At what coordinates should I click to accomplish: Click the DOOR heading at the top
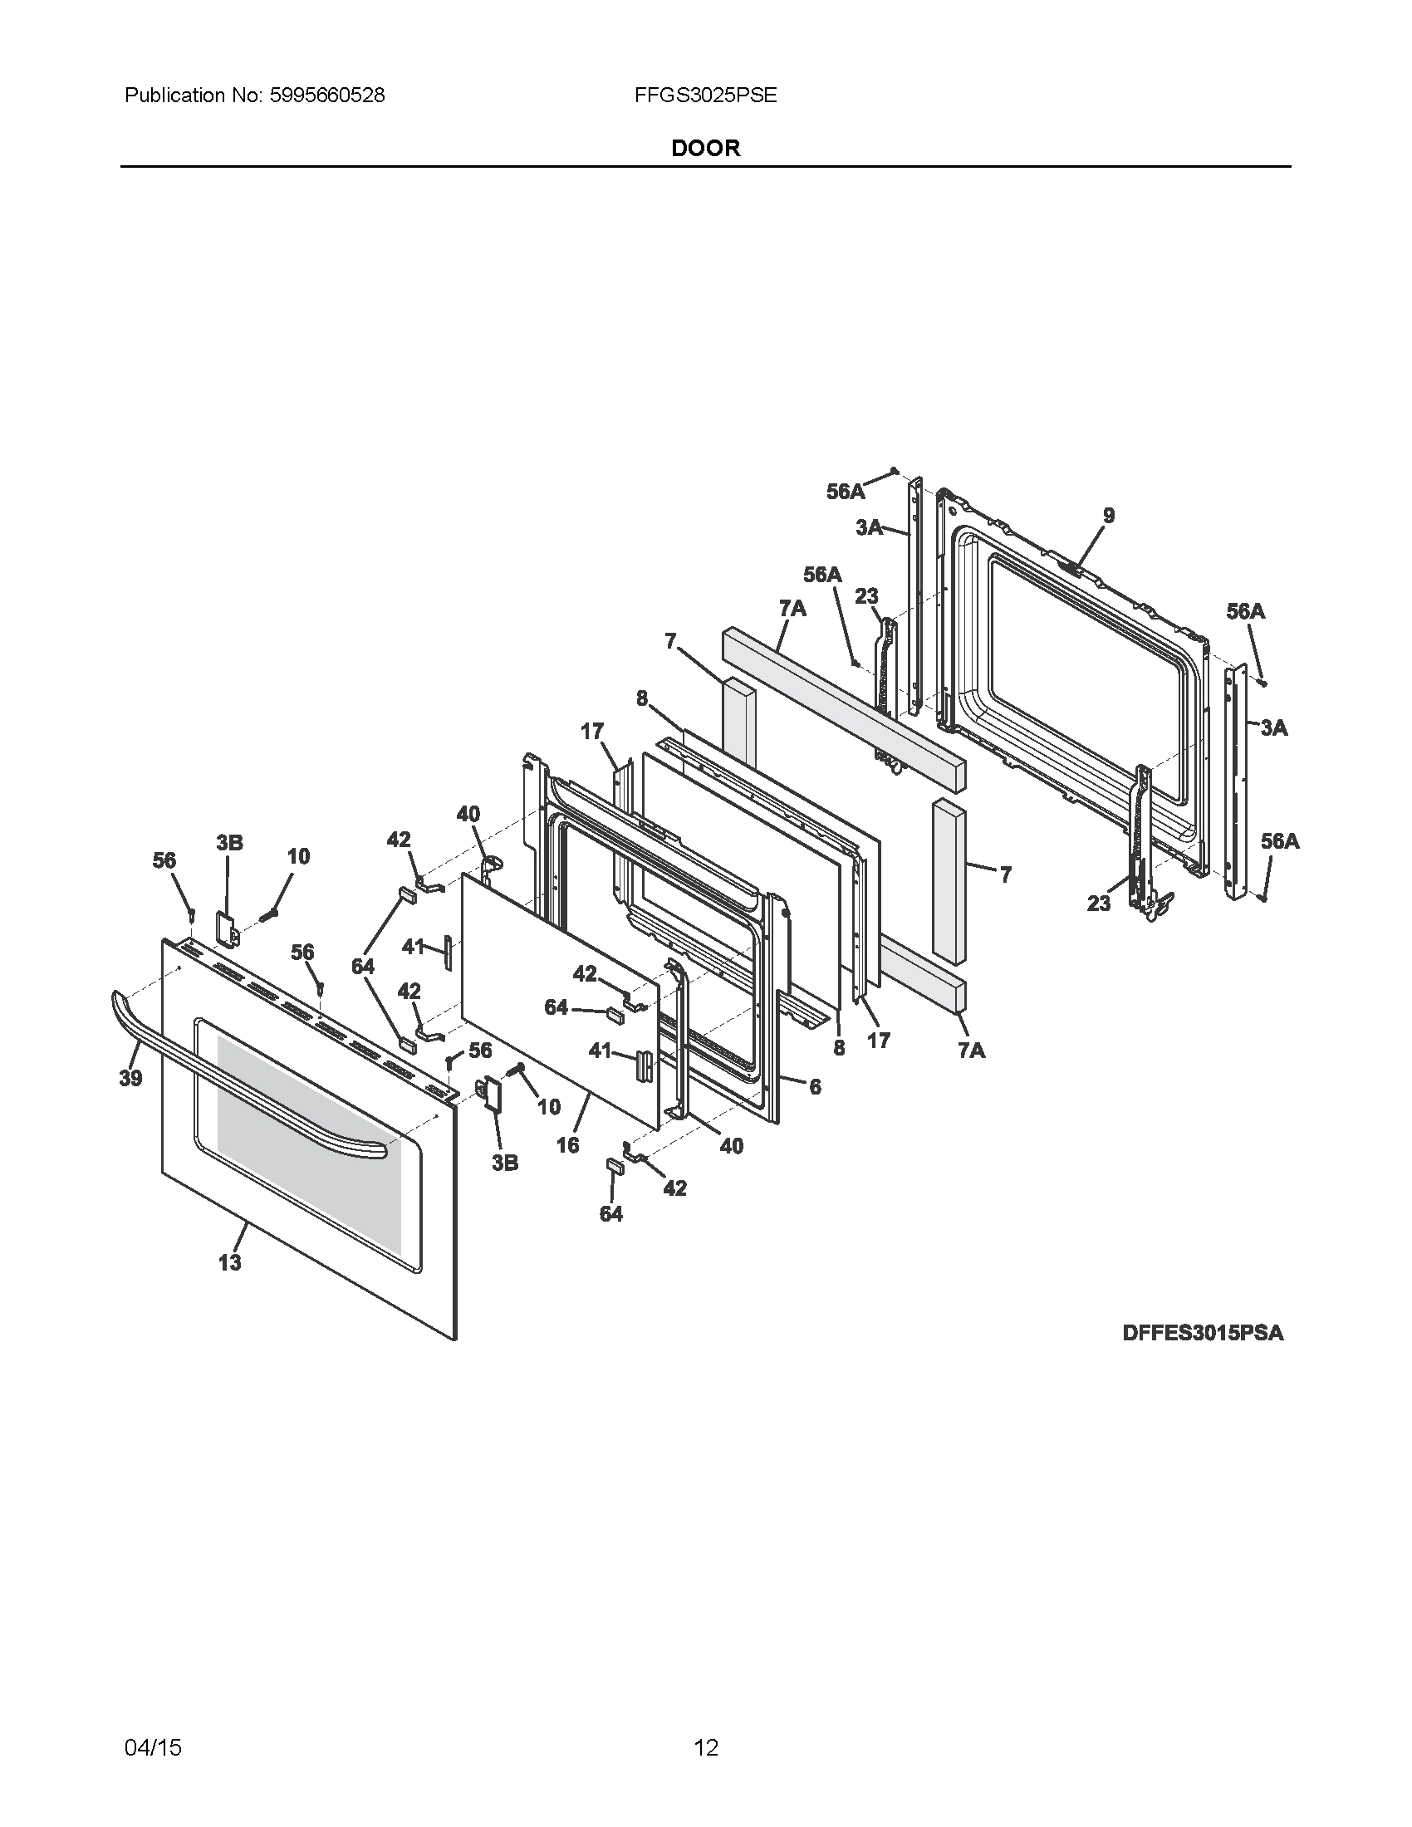705,148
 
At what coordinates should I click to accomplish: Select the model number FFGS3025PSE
705,96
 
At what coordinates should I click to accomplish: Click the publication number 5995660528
326,96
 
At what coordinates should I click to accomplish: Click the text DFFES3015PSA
1202,1333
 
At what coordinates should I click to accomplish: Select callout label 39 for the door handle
130,1078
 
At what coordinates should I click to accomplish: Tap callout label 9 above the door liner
1108,516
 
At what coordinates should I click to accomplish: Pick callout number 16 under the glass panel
568,1145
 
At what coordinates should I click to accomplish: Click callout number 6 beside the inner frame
815,1086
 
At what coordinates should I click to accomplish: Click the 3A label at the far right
1273,727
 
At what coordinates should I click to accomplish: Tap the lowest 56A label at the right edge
1279,840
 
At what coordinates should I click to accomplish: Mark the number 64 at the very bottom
611,1213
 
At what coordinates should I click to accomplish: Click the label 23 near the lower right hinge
1099,903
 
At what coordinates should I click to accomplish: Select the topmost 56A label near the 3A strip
846,492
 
